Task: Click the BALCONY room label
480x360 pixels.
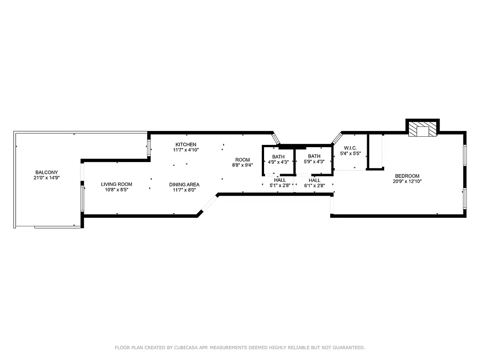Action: (47, 172)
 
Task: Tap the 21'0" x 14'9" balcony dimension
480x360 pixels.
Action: (47, 178)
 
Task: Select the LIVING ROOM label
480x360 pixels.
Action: (117, 184)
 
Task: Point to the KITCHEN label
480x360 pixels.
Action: (186, 144)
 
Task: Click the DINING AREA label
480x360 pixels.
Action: (184, 184)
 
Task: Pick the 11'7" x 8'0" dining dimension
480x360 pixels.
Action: (184, 190)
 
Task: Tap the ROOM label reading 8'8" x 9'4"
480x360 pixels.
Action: (242, 160)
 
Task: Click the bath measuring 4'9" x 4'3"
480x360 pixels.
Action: (278, 159)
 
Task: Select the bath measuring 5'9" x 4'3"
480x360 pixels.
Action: (314, 159)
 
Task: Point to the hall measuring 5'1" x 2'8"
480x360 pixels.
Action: (280, 183)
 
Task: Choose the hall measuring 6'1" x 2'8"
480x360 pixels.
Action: (314, 183)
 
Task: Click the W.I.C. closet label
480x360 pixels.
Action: (350, 148)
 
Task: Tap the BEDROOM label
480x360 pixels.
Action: (407, 176)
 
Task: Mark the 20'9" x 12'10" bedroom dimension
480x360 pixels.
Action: (407, 181)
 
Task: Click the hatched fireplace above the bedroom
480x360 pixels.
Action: (422, 130)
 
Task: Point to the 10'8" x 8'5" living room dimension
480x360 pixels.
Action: (117, 189)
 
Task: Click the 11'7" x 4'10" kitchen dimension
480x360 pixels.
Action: (186, 150)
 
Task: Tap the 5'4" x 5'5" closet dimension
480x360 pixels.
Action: (350, 153)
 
